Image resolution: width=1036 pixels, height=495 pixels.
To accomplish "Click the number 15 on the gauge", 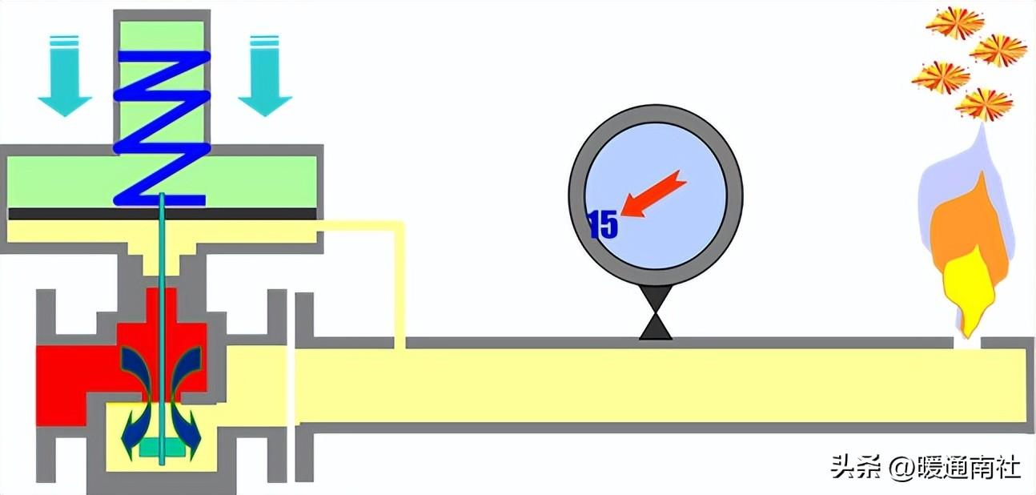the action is (x=604, y=225).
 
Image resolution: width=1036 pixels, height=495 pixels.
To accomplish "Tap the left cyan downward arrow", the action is (x=65, y=77).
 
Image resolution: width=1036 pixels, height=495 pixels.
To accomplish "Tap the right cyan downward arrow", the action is (x=265, y=77).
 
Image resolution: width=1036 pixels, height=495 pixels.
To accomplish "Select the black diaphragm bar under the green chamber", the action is (x=164, y=214).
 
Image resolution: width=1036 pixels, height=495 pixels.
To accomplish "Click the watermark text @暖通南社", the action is (x=956, y=466).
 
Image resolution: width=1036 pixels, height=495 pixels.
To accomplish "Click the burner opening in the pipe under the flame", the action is (x=967, y=343).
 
